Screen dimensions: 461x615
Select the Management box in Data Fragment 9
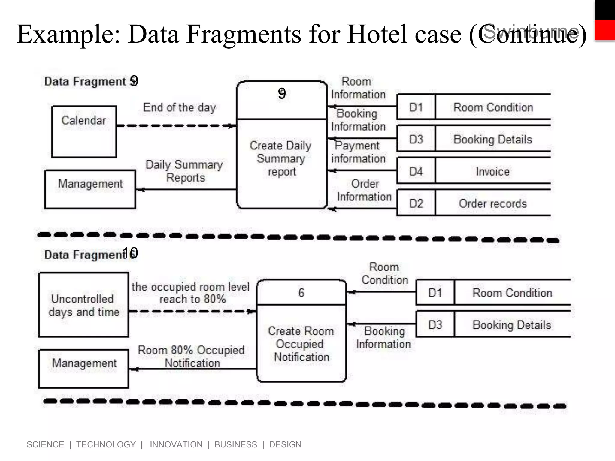click(90, 189)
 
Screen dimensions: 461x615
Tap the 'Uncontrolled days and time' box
click(84, 305)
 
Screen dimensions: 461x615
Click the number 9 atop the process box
click(282, 94)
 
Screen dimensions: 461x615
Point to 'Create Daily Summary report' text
click(281, 158)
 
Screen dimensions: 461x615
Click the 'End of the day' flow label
click(179, 107)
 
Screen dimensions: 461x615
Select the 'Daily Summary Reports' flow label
click(184, 171)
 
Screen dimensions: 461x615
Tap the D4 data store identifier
click(416, 172)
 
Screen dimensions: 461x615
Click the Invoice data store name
click(492, 172)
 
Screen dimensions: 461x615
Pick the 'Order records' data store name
click(492, 204)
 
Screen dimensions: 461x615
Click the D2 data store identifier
click(416, 204)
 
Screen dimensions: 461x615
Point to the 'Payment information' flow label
click(358, 152)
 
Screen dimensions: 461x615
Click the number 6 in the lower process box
click(301, 293)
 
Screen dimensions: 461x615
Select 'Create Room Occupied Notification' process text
click(301, 344)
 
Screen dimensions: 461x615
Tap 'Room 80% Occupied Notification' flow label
click(191, 357)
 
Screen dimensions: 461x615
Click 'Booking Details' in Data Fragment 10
click(512, 325)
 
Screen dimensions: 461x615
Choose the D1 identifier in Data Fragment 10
click(435, 293)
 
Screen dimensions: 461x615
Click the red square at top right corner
click(605, 30)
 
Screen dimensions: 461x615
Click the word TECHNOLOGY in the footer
click(106, 444)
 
